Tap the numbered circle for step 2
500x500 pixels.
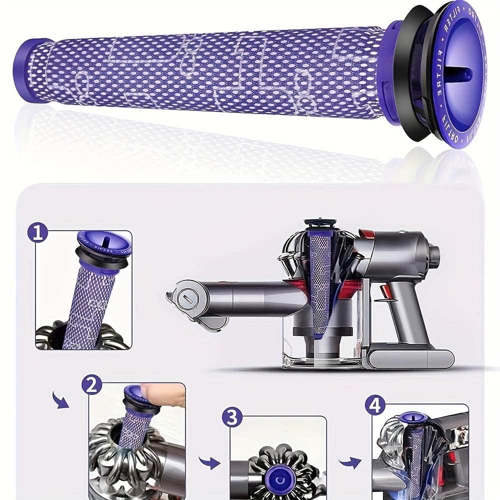[91, 386]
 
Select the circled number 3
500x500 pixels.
[232, 417]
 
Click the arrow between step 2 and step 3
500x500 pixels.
[209, 462]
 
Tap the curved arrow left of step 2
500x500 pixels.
[61, 399]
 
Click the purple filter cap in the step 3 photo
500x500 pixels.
[279, 472]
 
